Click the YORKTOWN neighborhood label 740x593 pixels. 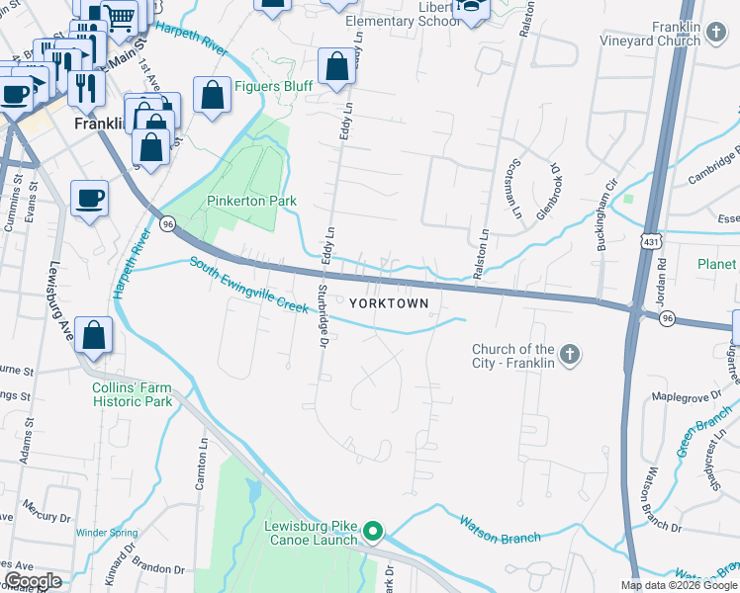(389, 303)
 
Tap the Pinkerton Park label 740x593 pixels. (251, 201)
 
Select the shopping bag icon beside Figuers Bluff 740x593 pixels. (212, 96)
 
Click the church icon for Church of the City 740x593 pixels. (569, 354)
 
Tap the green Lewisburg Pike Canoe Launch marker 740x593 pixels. (373, 532)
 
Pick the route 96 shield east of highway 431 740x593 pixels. (668, 318)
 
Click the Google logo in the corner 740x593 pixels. (33, 581)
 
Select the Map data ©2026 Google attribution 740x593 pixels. (679, 585)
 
